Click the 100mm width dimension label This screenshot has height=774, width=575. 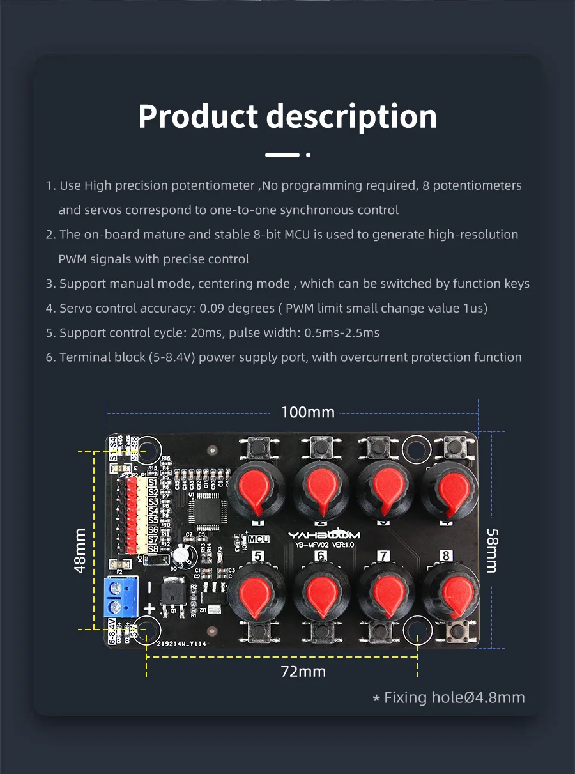click(x=307, y=412)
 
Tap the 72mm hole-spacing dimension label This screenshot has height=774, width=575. click(x=303, y=671)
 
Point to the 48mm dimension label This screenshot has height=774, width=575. click(x=80, y=550)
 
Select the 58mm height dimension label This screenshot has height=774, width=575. click(x=492, y=550)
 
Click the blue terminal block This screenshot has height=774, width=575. click(x=121, y=597)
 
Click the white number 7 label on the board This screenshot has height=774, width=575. click(x=383, y=556)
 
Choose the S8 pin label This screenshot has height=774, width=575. click(x=153, y=549)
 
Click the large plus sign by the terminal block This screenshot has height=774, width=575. click(x=149, y=608)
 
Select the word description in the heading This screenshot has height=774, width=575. click(x=351, y=116)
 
